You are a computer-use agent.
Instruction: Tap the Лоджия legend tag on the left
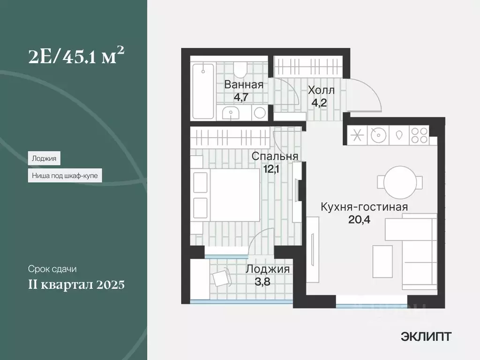[x=44, y=158]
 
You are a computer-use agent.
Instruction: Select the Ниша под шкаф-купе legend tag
[x=65, y=175]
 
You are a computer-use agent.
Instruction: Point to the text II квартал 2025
[x=76, y=285]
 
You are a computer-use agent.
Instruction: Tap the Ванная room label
[x=244, y=85]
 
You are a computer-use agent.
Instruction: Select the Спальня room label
[x=275, y=156]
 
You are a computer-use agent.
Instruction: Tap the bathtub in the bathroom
[x=203, y=91]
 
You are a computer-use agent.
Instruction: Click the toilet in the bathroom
[x=240, y=70]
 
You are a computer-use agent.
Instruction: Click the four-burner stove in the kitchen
[x=419, y=135]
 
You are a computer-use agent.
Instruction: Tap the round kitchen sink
[x=377, y=135]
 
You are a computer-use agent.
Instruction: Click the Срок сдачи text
[x=52, y=270]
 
